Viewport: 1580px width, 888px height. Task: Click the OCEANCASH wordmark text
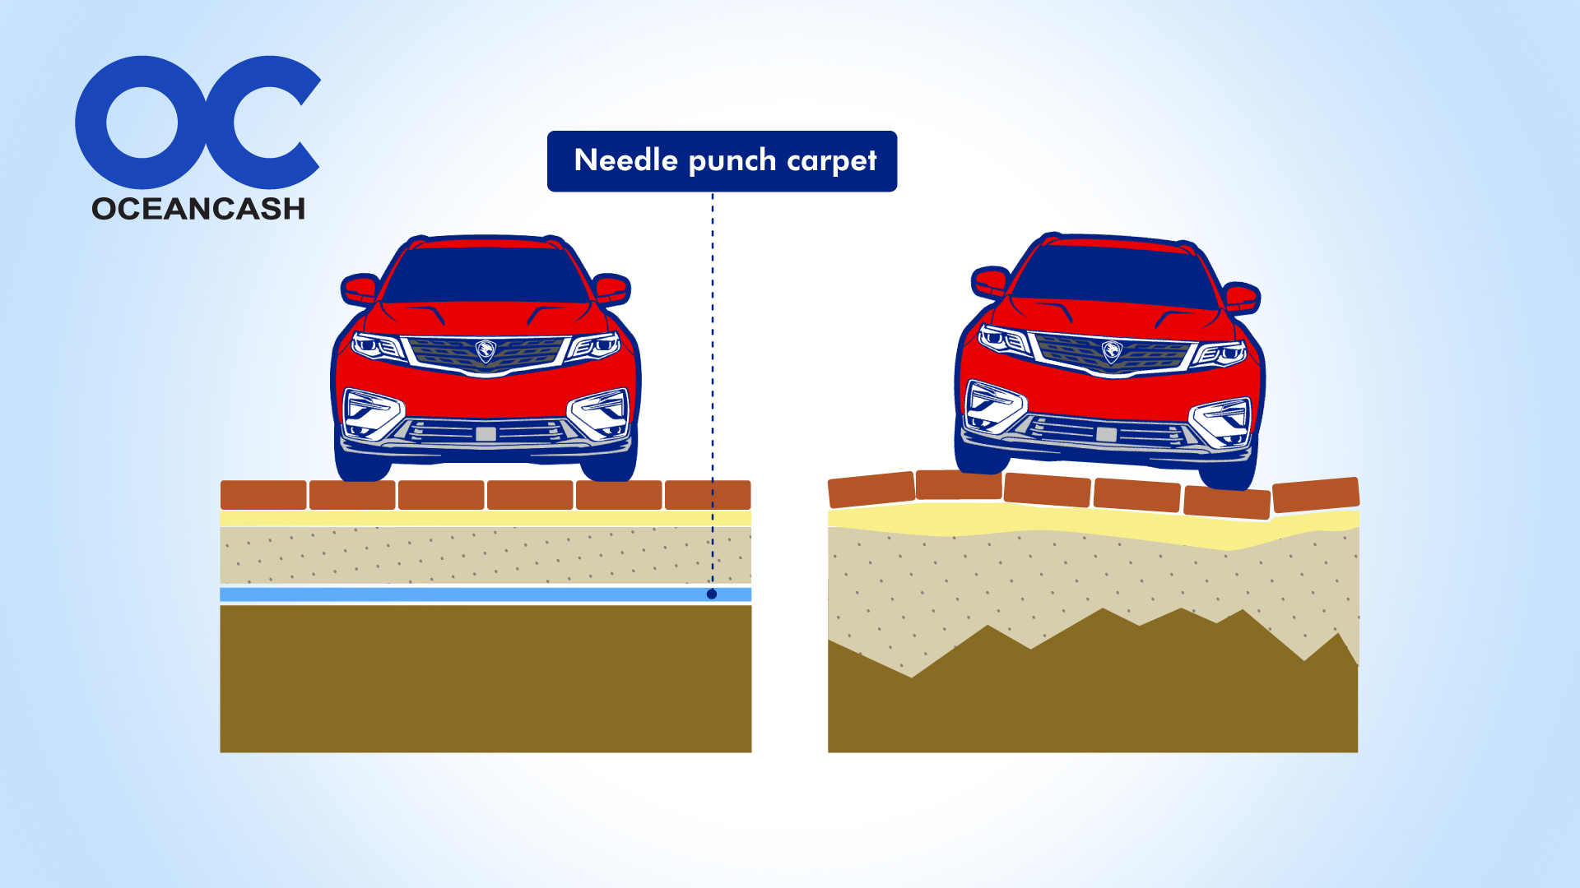coord(198,209)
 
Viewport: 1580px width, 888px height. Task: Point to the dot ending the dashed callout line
coord(712,594)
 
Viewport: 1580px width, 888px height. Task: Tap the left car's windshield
coord(486,275)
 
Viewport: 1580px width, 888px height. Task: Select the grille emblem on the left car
coord(486,351)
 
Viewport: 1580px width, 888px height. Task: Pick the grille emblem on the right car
coord(1112,352)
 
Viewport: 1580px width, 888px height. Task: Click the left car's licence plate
coord(486,433)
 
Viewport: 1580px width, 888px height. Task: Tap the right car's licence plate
coord(1107,434)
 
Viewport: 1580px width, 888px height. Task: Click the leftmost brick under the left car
coord(263,495)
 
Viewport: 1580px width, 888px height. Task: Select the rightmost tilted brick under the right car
coord(1315,494)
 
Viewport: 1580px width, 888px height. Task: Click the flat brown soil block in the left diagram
coord(486,678)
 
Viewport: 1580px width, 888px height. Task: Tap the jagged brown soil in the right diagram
coord(1094,699)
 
